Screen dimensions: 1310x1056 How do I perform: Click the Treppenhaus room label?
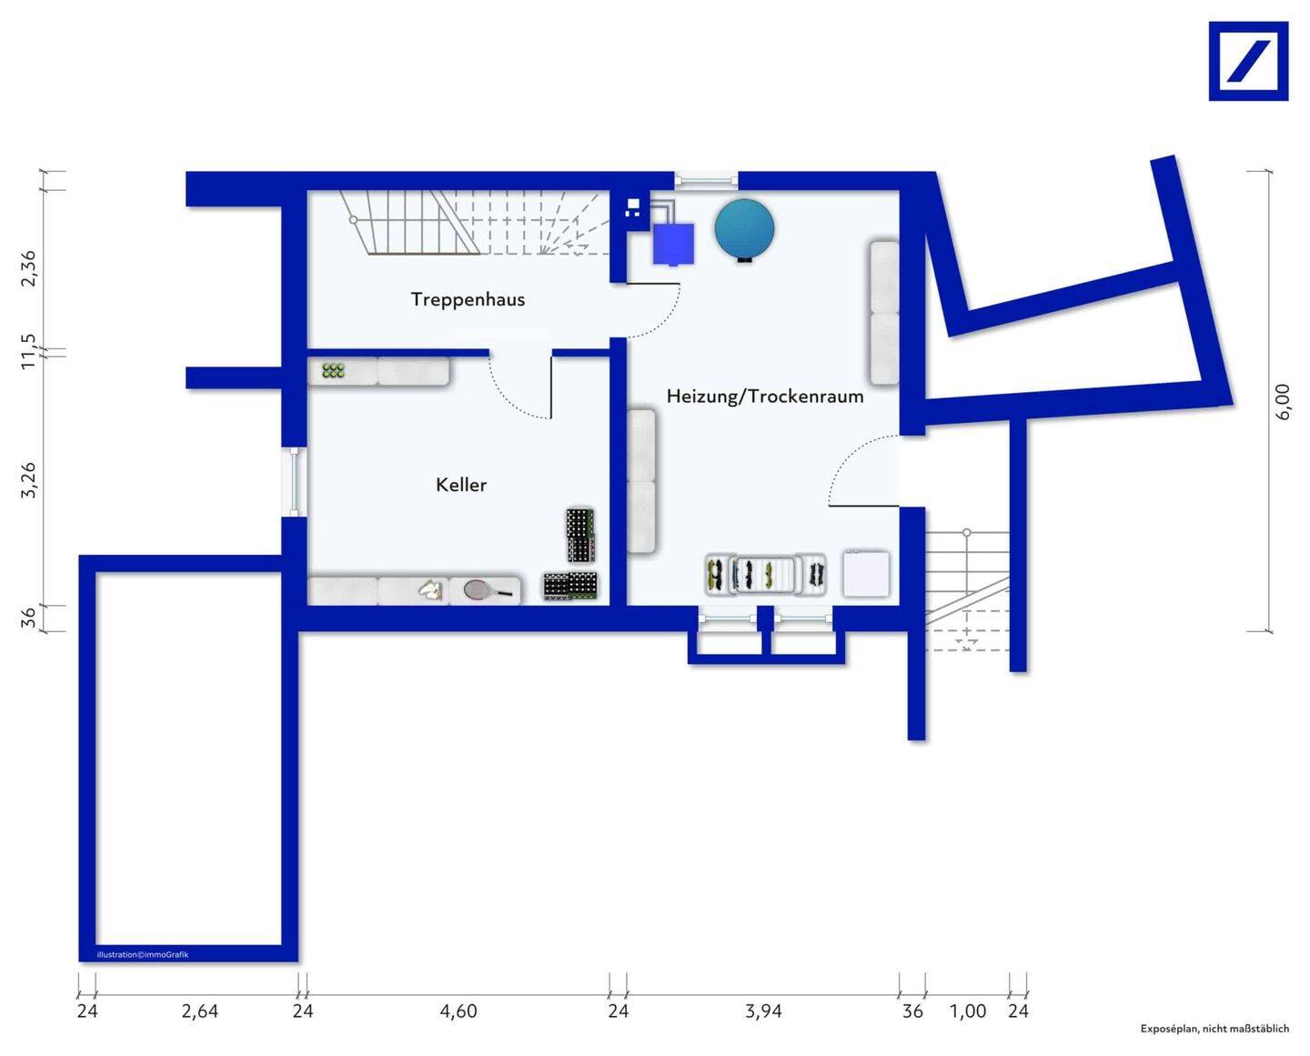point(468,299)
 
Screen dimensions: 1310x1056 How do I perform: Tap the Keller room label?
point(461,485)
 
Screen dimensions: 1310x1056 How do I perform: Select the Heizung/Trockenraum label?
point(764,397)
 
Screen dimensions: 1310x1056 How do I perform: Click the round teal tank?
point(744,229)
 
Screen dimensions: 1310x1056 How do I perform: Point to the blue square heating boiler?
point(673,244)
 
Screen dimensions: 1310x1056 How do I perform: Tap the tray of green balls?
point(333,371)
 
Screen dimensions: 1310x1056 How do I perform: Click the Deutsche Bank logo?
point(1248,61)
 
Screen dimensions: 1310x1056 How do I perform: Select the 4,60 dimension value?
point(458,1011)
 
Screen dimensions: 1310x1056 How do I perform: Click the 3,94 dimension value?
point(763,1011)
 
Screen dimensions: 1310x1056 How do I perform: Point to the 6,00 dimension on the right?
point(1282,402)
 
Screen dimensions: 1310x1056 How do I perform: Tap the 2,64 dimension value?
point(199,1011)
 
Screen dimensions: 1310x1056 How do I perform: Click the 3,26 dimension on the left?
point(28,480)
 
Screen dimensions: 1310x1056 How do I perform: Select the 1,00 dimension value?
point(968,1011)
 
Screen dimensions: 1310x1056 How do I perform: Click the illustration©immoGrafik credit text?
point(143,955)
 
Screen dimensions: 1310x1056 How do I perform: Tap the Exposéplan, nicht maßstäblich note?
point(1214,1029)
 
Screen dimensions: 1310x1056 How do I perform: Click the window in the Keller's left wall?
point(295,482)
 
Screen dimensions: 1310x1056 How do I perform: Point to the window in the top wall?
point(706,180)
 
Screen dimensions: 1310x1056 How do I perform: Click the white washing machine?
point(866,573)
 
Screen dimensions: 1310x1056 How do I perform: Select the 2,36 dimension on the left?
point(28,267)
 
